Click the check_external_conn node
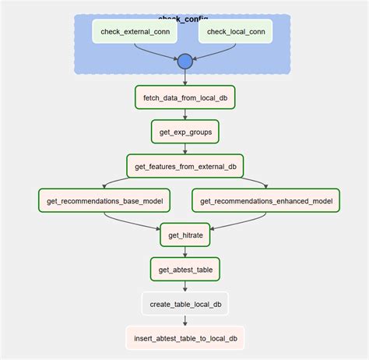135,31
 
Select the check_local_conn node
235,31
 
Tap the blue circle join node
184,62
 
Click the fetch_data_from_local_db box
184,97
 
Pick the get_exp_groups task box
184,131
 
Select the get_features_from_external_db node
184,165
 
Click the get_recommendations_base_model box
105,200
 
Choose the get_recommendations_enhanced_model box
266,200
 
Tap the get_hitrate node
184,235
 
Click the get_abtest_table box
184,269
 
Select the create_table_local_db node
184,303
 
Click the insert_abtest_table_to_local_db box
184,337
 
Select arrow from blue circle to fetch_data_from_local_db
184,77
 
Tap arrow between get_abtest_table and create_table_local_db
184,286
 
